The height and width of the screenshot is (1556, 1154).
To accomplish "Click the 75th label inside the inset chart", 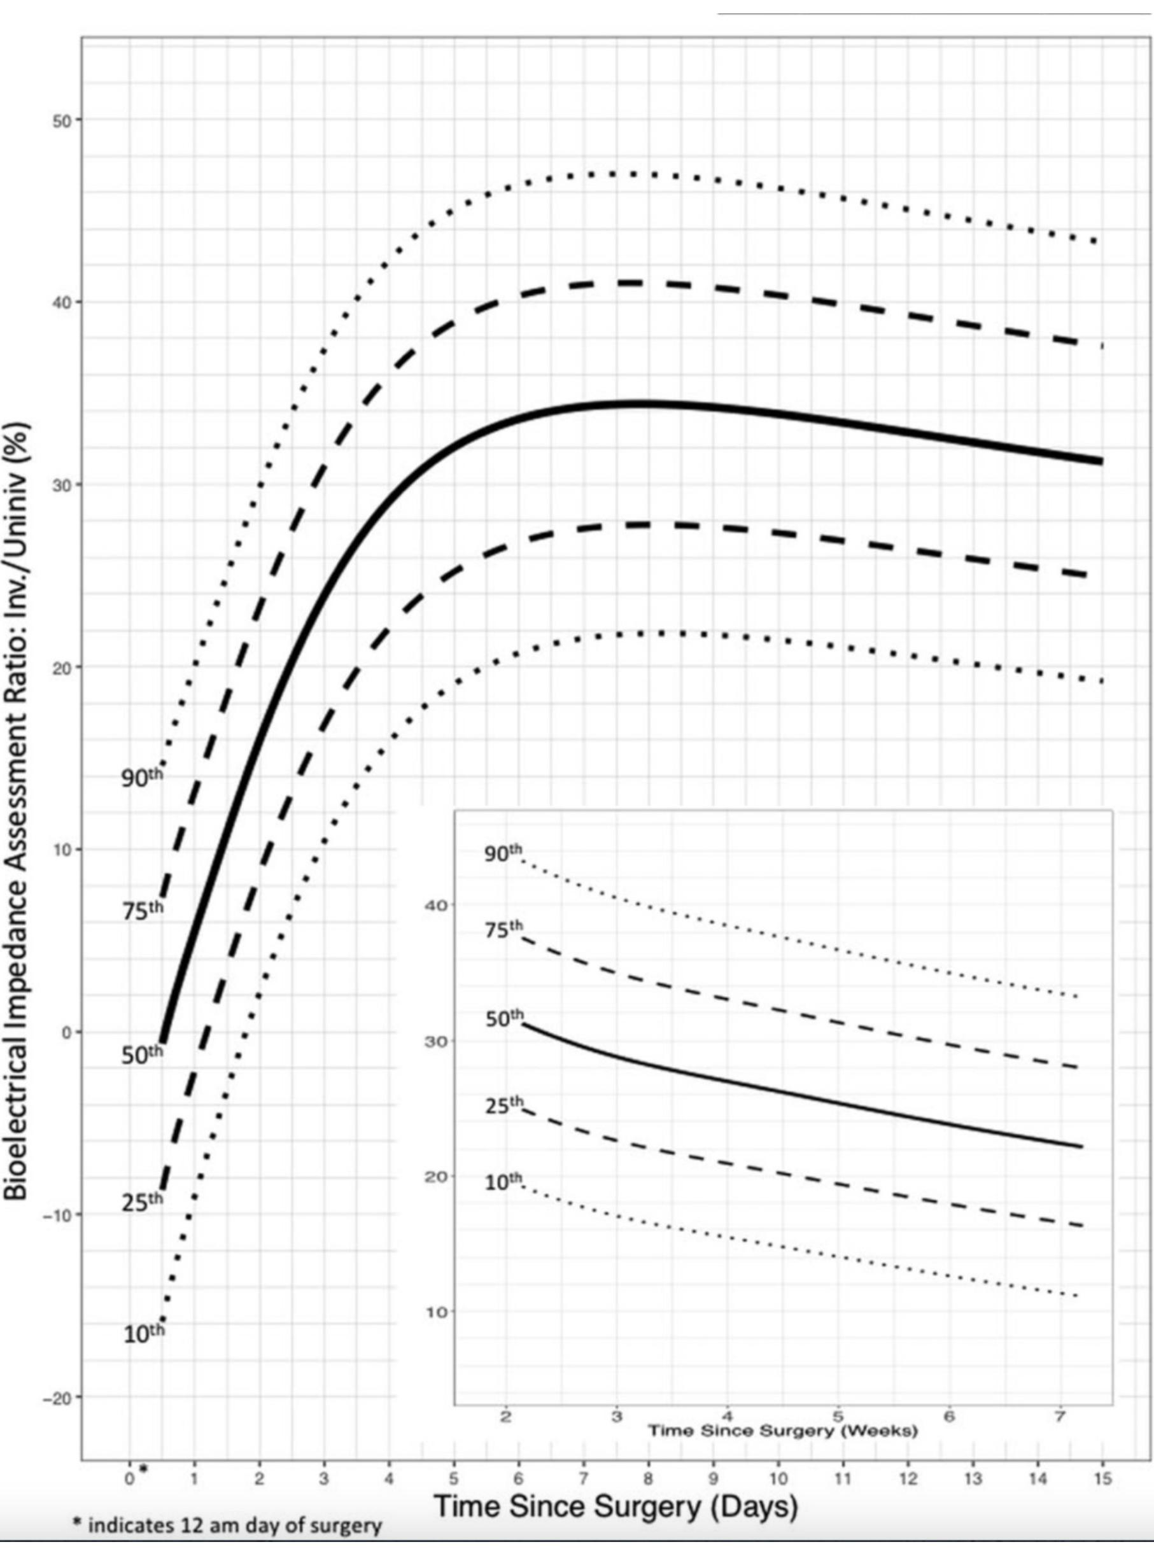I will [503, 931].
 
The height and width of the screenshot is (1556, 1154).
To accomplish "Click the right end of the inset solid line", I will [1081, 1147].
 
